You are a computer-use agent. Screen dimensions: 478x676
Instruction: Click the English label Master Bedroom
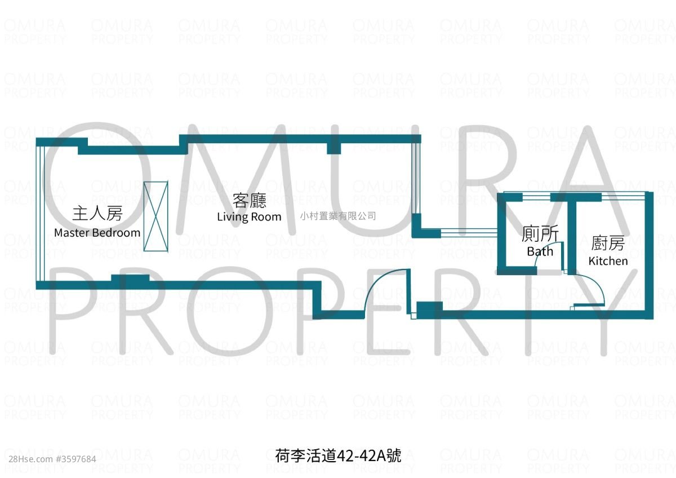[97, 233]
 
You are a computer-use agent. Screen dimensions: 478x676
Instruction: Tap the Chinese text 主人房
[97, 214]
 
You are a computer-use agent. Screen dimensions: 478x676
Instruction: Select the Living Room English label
[249, 217]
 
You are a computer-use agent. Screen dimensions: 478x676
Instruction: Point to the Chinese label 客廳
[249, 200]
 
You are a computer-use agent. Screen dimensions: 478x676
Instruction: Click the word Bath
[540, 251]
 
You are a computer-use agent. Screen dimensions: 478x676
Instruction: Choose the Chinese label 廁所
[540, 234]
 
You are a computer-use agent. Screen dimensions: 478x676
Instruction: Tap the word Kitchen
[608, 261]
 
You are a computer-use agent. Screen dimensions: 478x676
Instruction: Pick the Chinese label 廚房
[608, 244]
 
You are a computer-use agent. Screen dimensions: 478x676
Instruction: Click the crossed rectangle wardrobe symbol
[155, 216]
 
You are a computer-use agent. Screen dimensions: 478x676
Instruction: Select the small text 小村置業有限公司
[338, 216]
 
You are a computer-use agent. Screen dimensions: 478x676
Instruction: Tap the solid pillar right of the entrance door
[429, 308]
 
